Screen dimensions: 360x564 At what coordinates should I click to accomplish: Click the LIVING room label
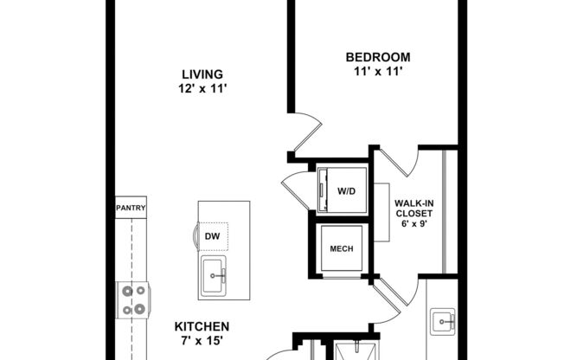click(202, 74)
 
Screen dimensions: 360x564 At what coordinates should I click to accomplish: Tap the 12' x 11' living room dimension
click(202, 88)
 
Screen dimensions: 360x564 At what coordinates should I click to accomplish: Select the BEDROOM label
click(372, 58)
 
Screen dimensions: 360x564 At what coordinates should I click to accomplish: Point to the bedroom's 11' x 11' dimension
click(372, 73)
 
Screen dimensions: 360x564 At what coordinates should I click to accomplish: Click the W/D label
click(346, 190)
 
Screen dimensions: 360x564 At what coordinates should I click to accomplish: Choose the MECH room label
click(341, 249)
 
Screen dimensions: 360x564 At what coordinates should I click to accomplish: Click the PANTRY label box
click(131, 208)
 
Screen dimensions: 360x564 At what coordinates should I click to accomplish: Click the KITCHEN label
click(202, 326)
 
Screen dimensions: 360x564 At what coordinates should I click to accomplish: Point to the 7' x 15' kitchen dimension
click(202, 342)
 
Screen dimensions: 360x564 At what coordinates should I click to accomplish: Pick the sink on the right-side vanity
click(446, 323)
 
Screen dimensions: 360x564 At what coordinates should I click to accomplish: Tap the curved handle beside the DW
click(194, 235)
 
